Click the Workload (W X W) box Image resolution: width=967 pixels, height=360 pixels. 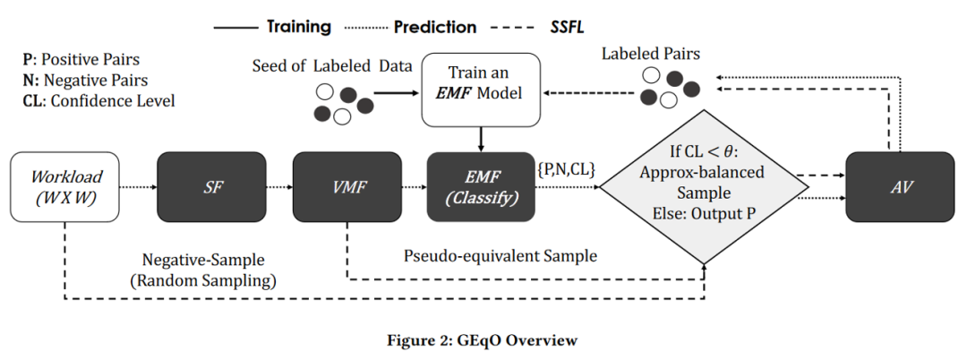point(64,187)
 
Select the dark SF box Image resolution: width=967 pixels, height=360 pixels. point(211,187)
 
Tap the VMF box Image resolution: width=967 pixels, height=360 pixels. point(347,187)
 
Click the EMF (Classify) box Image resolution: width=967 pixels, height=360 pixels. point(481,187)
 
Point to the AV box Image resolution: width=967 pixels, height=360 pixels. point(900,187)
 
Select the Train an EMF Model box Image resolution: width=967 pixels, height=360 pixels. point(481,90)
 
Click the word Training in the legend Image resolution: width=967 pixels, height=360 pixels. point(299,27)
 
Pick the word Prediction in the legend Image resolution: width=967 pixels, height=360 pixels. point(435,27)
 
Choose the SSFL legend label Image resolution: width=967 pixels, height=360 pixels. point(566,27)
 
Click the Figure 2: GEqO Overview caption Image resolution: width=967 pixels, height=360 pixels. point(483,340)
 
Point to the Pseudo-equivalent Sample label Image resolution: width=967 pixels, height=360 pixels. point(501,256)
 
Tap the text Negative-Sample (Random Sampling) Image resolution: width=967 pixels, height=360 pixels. point(203,270)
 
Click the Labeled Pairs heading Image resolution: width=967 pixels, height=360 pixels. point(651,55)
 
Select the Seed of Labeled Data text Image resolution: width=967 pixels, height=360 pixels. point(332,66)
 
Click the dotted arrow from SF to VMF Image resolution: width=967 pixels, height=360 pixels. point(279,187)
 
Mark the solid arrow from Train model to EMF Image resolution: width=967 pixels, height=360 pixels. point(481,140)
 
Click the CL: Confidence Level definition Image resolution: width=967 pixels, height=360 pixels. point(98,100)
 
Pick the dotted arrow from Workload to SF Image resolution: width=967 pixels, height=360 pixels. point(138,187)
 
